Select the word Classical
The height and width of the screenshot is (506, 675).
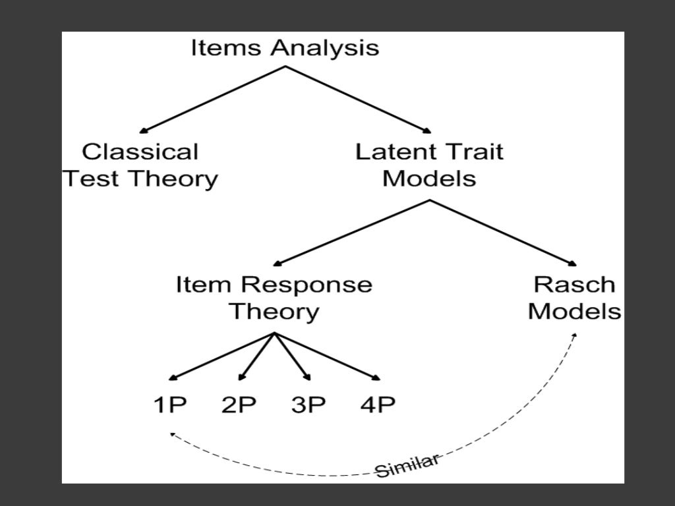pyautogui.click(x=140, y=152)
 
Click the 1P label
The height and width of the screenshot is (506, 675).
pyautogui.click(x=170, y=405)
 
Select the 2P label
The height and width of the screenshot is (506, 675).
pyautogui.click(x=239, y=405)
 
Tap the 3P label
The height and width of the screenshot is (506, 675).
pyautogui.click(x=308, y=405)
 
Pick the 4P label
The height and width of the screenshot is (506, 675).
pyautogui.click(x=378, y=405)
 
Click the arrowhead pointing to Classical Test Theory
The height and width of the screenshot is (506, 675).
pyautogui.click(x=144, y=131)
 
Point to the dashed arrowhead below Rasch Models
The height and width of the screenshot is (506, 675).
pyautogui.click(x=574, y=335)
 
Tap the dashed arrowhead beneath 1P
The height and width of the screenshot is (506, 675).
pyautogui.click(x=172, y=434)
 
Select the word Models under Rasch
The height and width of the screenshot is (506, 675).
pyautogui.click(x=574, y=311)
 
